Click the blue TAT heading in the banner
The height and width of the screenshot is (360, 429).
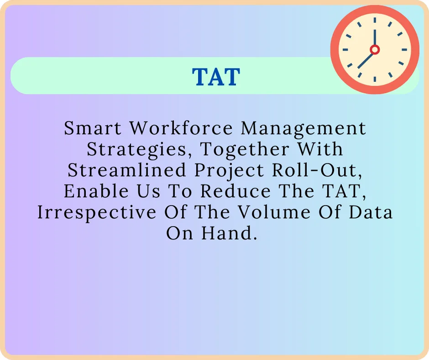(216, 77)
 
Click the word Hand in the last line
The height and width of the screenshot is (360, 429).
(227, 233)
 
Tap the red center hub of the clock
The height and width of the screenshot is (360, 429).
(375, 49)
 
